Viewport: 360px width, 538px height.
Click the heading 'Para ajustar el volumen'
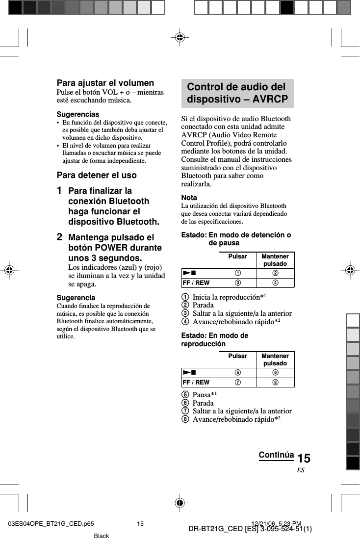click(105, 83)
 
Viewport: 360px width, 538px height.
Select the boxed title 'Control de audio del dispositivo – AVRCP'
click(237, 93)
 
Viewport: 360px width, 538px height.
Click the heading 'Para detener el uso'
click(97, 175)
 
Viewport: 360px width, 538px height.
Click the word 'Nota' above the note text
click(189, 198)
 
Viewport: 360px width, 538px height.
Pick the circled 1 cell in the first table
click(237, 273)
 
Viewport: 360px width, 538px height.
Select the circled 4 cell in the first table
click(275, 283)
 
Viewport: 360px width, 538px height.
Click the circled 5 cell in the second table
click(237, 373)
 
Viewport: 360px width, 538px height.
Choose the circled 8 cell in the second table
click(275, 383)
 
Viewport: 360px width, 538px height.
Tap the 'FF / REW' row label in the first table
click(196, 283)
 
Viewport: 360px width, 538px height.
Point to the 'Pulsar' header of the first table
click(237, 256)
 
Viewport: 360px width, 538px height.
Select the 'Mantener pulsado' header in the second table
click(275, 359)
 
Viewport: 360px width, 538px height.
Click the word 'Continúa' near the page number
click(276, 455)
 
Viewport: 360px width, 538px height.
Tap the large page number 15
click(304, 459)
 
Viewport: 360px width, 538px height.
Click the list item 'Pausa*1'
click(205, 395)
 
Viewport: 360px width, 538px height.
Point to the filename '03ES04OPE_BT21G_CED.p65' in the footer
click(51, 524)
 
